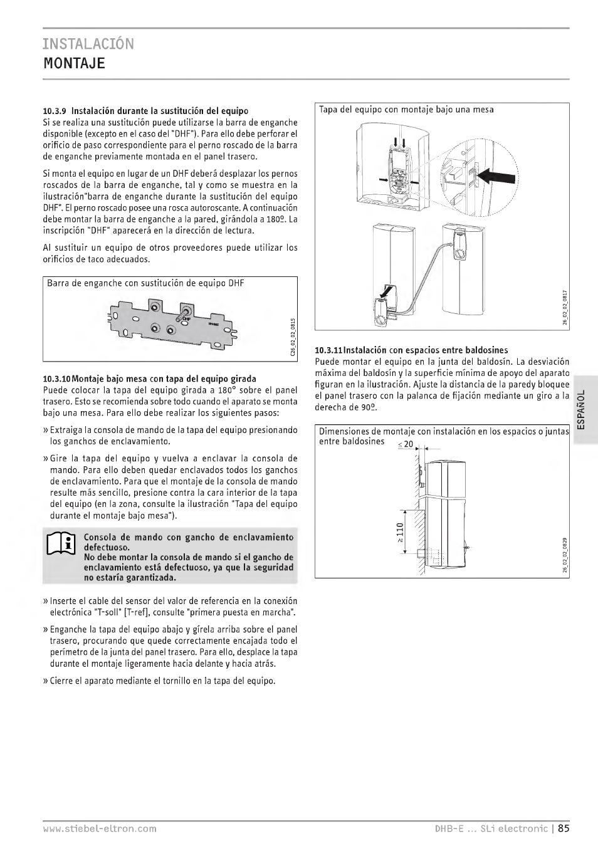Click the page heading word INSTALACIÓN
[x=88, y=44]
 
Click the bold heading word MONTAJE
[x=74, y=63]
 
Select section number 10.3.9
[x=55, y=111]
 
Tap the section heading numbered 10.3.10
[x=149, y=379]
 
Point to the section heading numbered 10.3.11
[x=411, y=350]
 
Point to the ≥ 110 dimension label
[x=400, y=532]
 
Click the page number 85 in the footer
[x=563, y=828]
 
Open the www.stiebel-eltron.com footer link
[x=100, y=828]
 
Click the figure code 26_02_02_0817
[x=564, y=307]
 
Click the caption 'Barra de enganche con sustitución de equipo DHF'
[x=145, y=283]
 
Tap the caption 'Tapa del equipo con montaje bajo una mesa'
[x=406, y=110]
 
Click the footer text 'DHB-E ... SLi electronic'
[x=491, y=828]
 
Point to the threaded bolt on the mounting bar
[x=186, y=311]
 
